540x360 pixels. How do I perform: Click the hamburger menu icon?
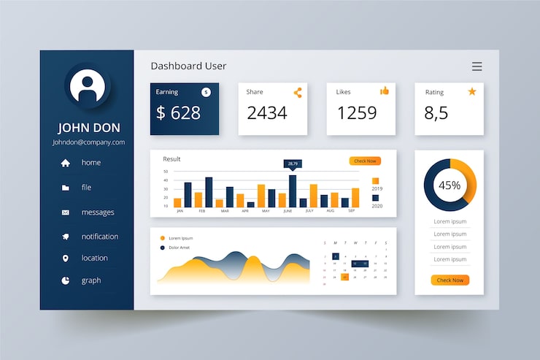coord(477,66)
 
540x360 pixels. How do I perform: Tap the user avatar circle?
coord(88,86)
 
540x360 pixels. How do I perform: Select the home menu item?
coord(90,163)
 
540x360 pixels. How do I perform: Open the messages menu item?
coord(97,212)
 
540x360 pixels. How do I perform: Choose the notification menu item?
coord(99,237)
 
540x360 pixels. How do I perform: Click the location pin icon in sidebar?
coord(66,258)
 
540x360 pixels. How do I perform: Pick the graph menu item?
coord(90,280)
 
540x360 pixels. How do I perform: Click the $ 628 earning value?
coord(178,113)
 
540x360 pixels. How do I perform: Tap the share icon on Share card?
coord(298,93)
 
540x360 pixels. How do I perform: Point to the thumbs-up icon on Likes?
coord(385,91)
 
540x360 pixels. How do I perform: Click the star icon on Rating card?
coord(471,91)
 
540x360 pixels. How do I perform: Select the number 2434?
coord(267,113)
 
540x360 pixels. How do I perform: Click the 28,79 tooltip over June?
coord(293,164)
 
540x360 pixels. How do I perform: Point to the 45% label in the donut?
coord(450,185)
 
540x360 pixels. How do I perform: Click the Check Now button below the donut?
coord(450,280)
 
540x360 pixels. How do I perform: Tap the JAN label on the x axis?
coord(180,211)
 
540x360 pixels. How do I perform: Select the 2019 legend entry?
coord(376,183)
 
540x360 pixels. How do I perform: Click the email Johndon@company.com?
coord(88,142)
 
